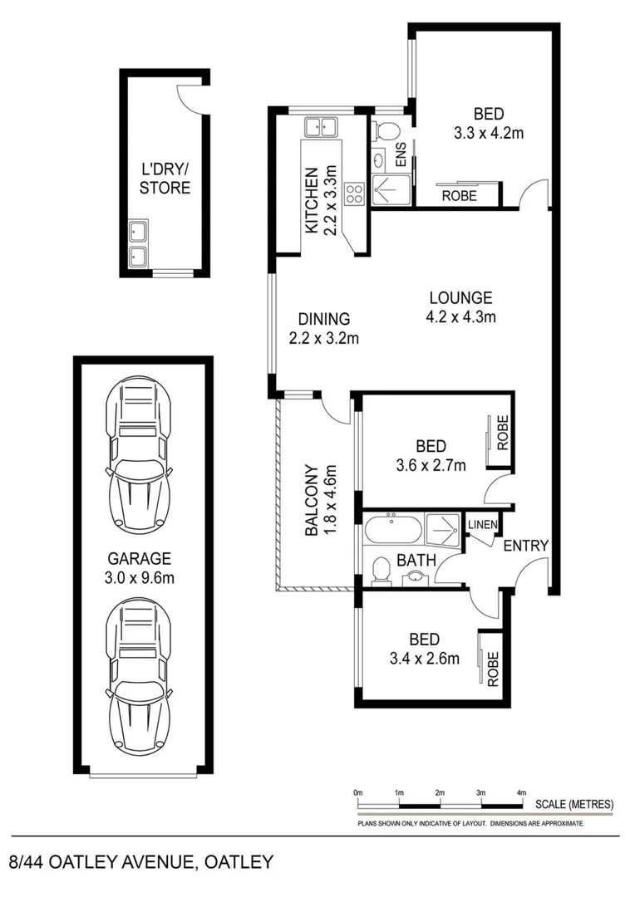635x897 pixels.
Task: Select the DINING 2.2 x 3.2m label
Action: (323, 328)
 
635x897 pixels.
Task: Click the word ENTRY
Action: (525, 546)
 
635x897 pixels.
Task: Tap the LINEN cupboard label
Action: (483, 525)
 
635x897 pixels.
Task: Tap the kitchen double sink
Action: (320, 128)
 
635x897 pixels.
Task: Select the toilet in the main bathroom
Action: (381, 570)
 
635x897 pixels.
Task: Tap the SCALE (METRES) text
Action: (573, 804)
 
